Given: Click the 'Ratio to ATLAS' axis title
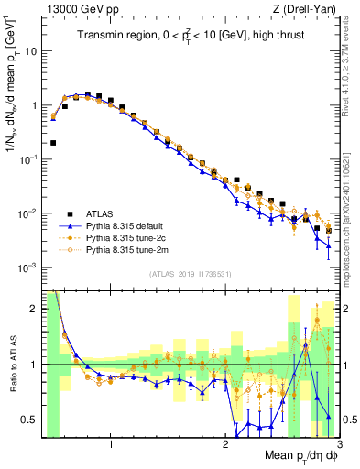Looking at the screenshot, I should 12,365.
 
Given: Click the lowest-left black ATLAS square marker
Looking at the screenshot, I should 53,143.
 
